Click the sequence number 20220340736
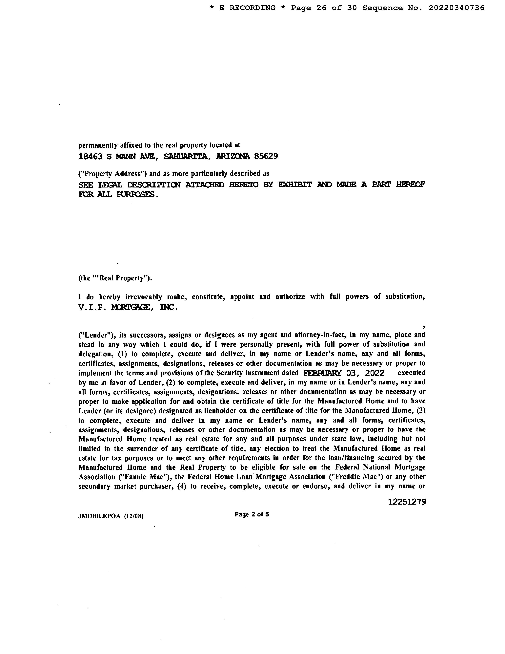point(456,8)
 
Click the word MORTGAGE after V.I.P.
point(130,308)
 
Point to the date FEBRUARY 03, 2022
point(343,373)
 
